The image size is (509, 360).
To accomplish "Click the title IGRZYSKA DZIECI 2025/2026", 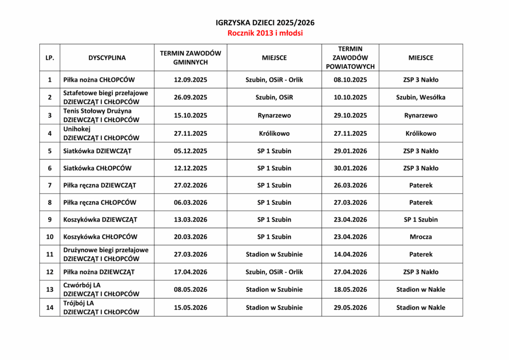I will (265, 23).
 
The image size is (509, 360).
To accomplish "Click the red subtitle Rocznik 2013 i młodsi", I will (265, 33).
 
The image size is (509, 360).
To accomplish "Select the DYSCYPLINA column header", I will (107, 58).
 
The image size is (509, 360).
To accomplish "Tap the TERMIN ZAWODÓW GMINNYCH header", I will (190, 58).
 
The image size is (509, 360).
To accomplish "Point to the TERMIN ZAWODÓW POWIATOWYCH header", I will (350, 58).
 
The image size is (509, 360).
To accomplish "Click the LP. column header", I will (50, 58).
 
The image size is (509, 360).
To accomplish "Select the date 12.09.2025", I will (190, 80).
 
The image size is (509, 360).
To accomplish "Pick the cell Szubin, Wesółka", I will (421, 97).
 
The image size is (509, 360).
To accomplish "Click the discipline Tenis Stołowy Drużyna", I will (97, 111).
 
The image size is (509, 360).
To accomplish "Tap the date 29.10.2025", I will (350, 115).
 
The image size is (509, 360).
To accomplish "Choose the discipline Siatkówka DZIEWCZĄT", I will (97, 151).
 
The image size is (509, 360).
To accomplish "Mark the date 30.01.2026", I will (350, 168).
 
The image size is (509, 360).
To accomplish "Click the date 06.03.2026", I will (190, 202).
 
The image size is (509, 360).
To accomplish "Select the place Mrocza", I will (421, 237).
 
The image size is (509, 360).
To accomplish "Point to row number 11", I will (50, 254).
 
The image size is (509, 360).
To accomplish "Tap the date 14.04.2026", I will (350, 254).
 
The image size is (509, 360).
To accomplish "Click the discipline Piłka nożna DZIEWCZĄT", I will (98, 272).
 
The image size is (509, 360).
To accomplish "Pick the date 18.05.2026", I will (350, 289).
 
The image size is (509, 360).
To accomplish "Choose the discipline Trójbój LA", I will (79, 303).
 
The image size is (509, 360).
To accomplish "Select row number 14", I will (50, 307).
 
